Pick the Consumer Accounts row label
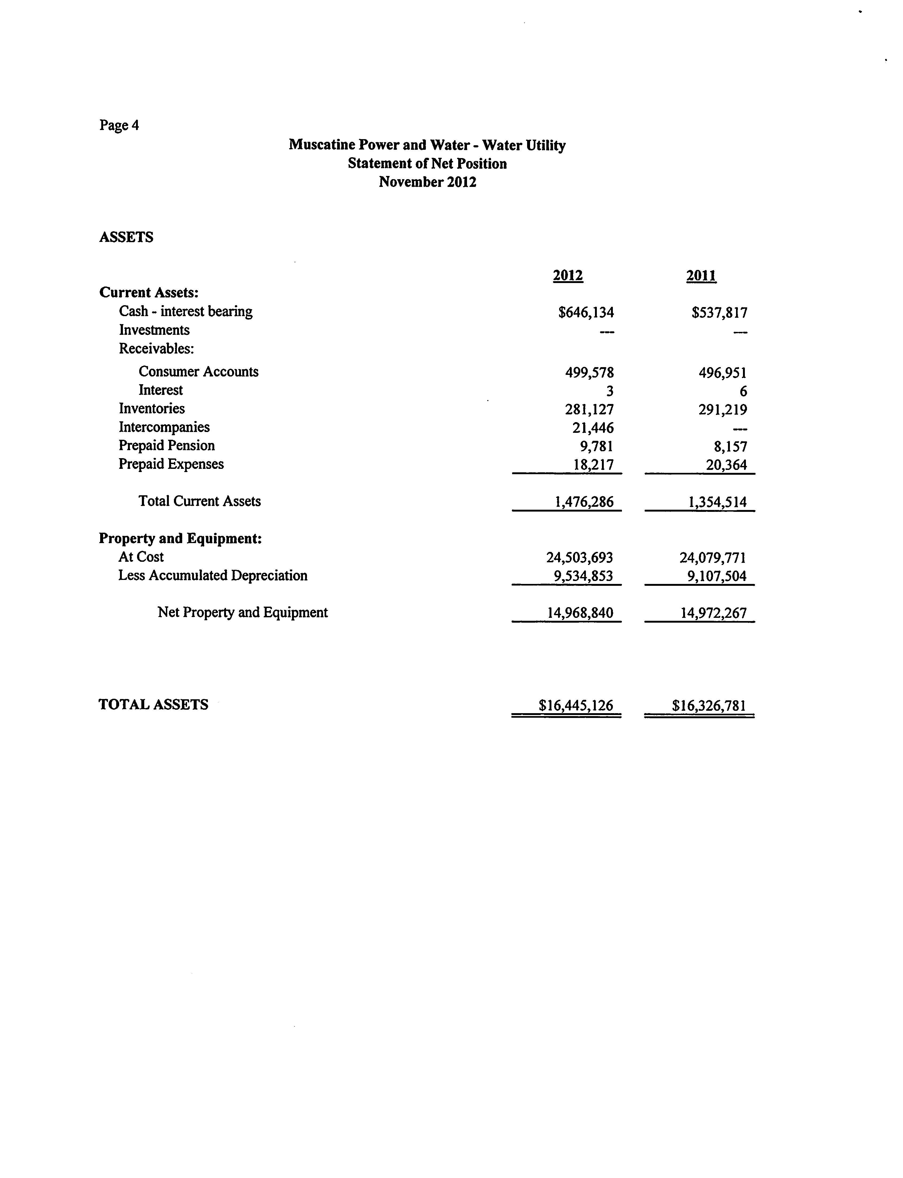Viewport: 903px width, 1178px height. click(198, 372)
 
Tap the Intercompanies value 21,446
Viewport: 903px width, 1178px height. click(593, 428)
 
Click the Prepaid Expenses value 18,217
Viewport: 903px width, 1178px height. click(593, 465)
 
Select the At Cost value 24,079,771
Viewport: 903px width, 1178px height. click(713, 557)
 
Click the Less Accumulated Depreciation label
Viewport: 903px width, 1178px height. click(213, 575)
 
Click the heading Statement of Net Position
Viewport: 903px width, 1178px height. click(427, 163)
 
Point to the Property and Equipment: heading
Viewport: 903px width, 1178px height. click(180, 538)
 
